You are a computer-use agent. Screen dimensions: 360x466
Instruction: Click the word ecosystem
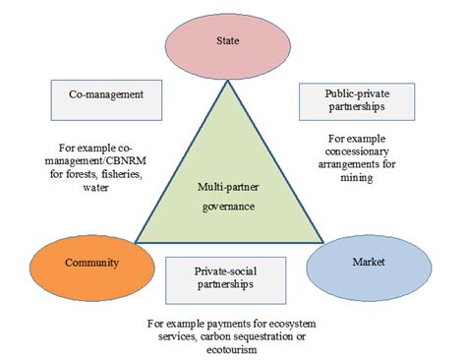(x=284, y=323)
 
